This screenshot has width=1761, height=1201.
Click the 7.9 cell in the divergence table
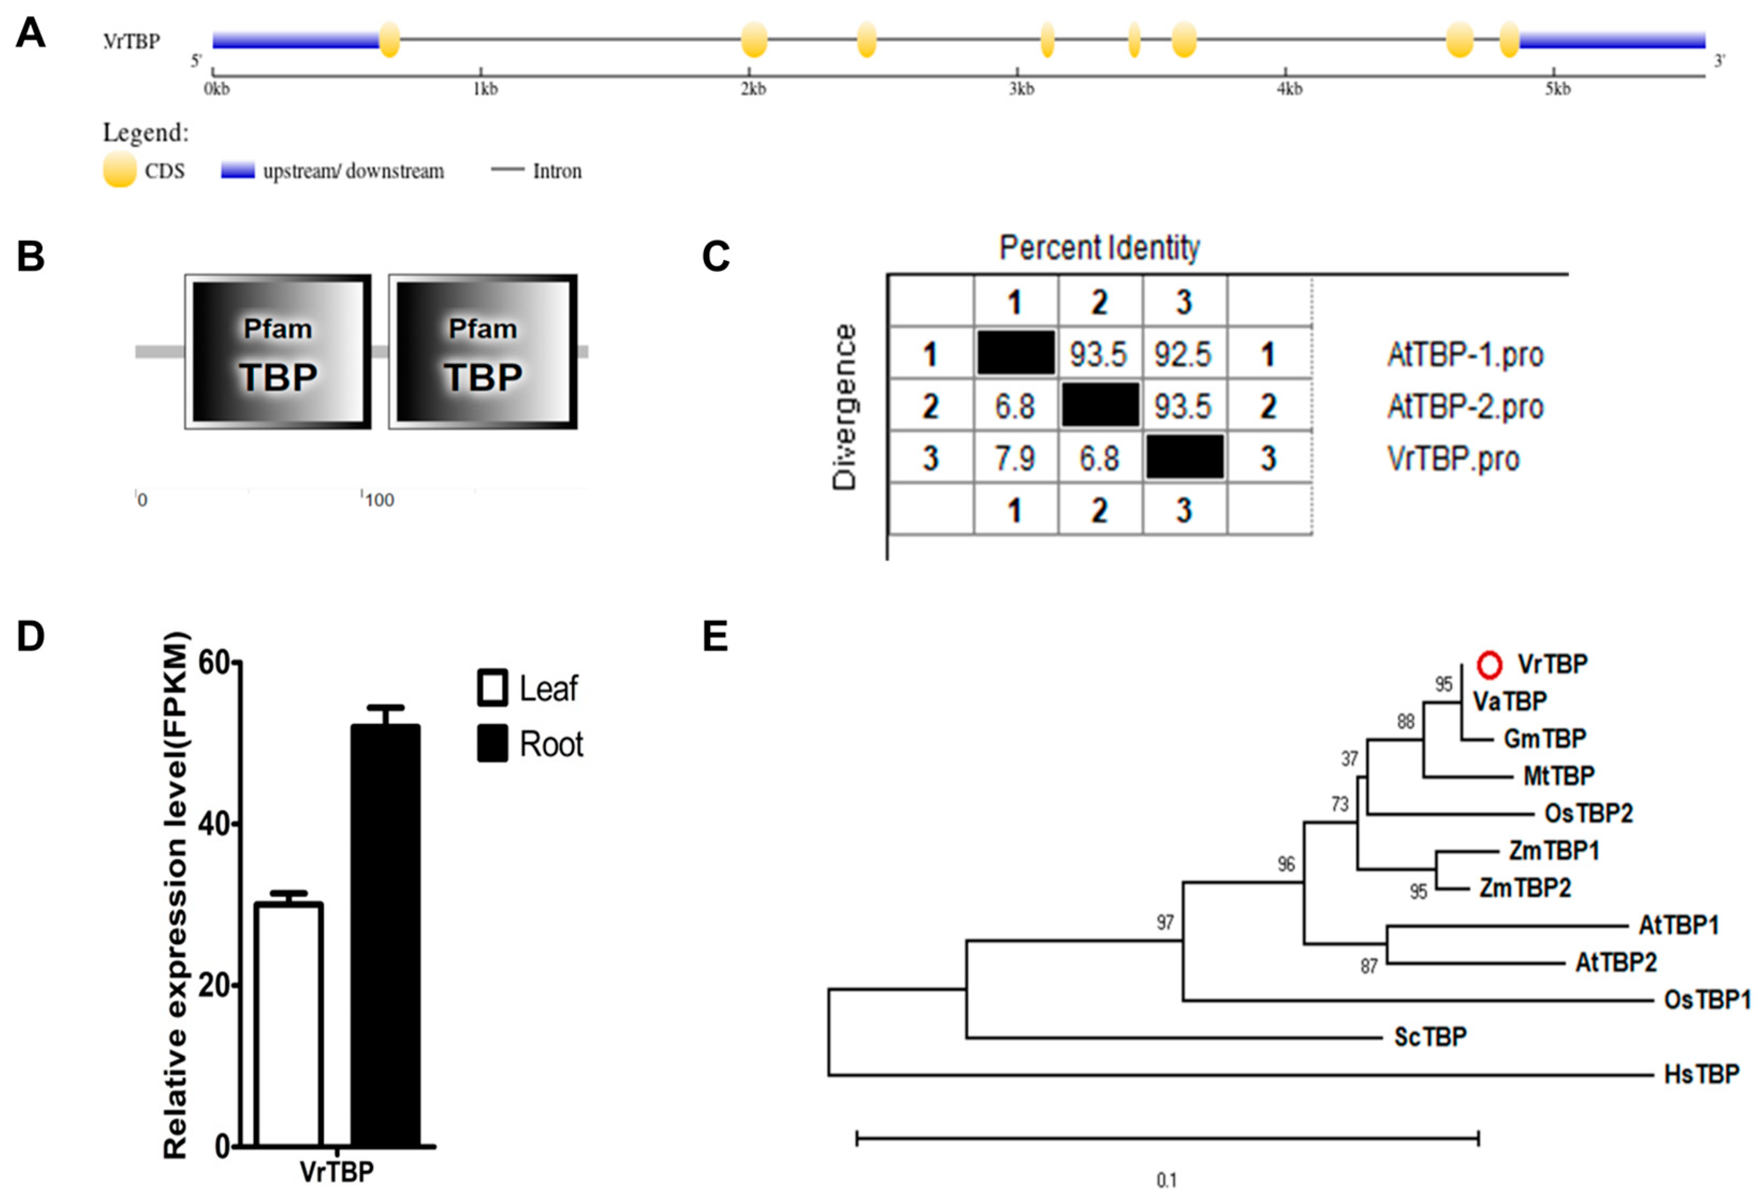coord(1014,458)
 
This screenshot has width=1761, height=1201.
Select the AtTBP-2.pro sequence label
coord(1465,407)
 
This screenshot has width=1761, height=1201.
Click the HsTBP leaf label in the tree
coord(1701,1074)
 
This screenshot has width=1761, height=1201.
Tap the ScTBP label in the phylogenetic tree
coord(1430,1037)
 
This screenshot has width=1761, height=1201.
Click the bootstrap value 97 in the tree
coord(1165,922)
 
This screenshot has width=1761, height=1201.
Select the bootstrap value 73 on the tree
coord(1340,803)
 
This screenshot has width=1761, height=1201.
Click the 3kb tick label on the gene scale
coord(1021,90)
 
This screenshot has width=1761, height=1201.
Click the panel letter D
coord(30,637)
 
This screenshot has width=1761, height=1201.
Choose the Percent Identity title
coord(1100,248)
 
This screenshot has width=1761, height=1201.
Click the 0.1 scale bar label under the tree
coord(1166,1180)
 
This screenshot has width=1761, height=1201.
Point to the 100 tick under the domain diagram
coord(379,500)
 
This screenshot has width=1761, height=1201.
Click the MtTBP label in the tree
coord(1559,775)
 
